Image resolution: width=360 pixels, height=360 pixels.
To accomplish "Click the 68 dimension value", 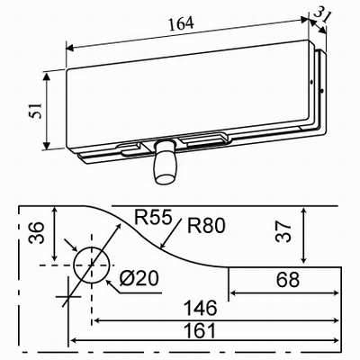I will (x=287, y=281).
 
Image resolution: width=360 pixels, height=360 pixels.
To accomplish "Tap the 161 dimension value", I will (x=205, y=329).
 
